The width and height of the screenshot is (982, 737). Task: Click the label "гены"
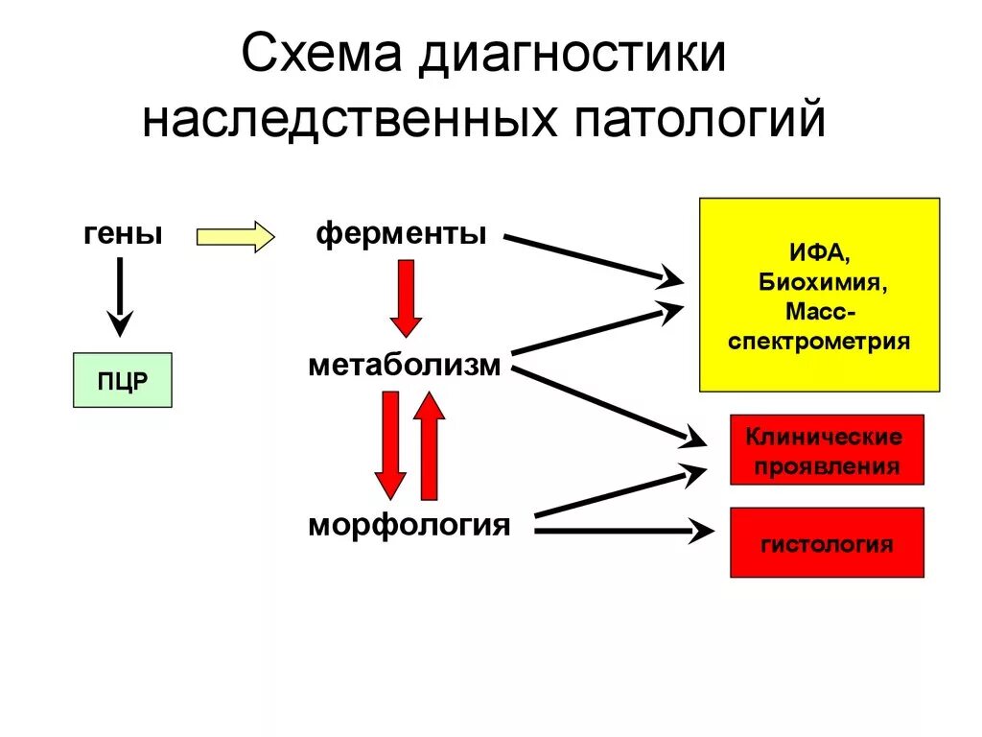coord(122,234)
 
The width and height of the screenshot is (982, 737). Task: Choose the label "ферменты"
coord(401,234)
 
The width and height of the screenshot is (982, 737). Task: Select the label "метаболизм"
coord(404,366)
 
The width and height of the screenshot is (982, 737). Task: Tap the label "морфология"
coord(409,525)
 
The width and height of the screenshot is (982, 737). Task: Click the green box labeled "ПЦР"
coord(123,380)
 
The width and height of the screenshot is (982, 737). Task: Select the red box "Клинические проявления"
coord(827,450)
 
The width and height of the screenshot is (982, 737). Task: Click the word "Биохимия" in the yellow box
coord(818,284)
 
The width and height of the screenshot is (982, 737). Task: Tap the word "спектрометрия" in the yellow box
coord(818,342)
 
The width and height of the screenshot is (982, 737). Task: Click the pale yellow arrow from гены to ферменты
coord(235,236)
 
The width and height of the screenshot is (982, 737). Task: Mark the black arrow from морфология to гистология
coord(623,529)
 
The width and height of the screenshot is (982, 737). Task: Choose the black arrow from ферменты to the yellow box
coord(593,258)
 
